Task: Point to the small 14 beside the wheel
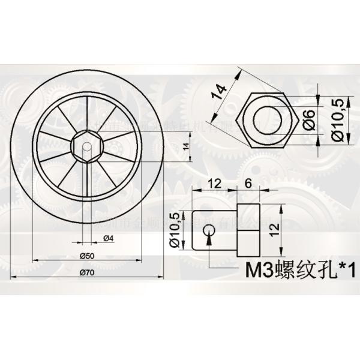click(185, 146)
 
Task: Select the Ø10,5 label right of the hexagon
click(338, 120)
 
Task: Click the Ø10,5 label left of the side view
click(175, 230)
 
